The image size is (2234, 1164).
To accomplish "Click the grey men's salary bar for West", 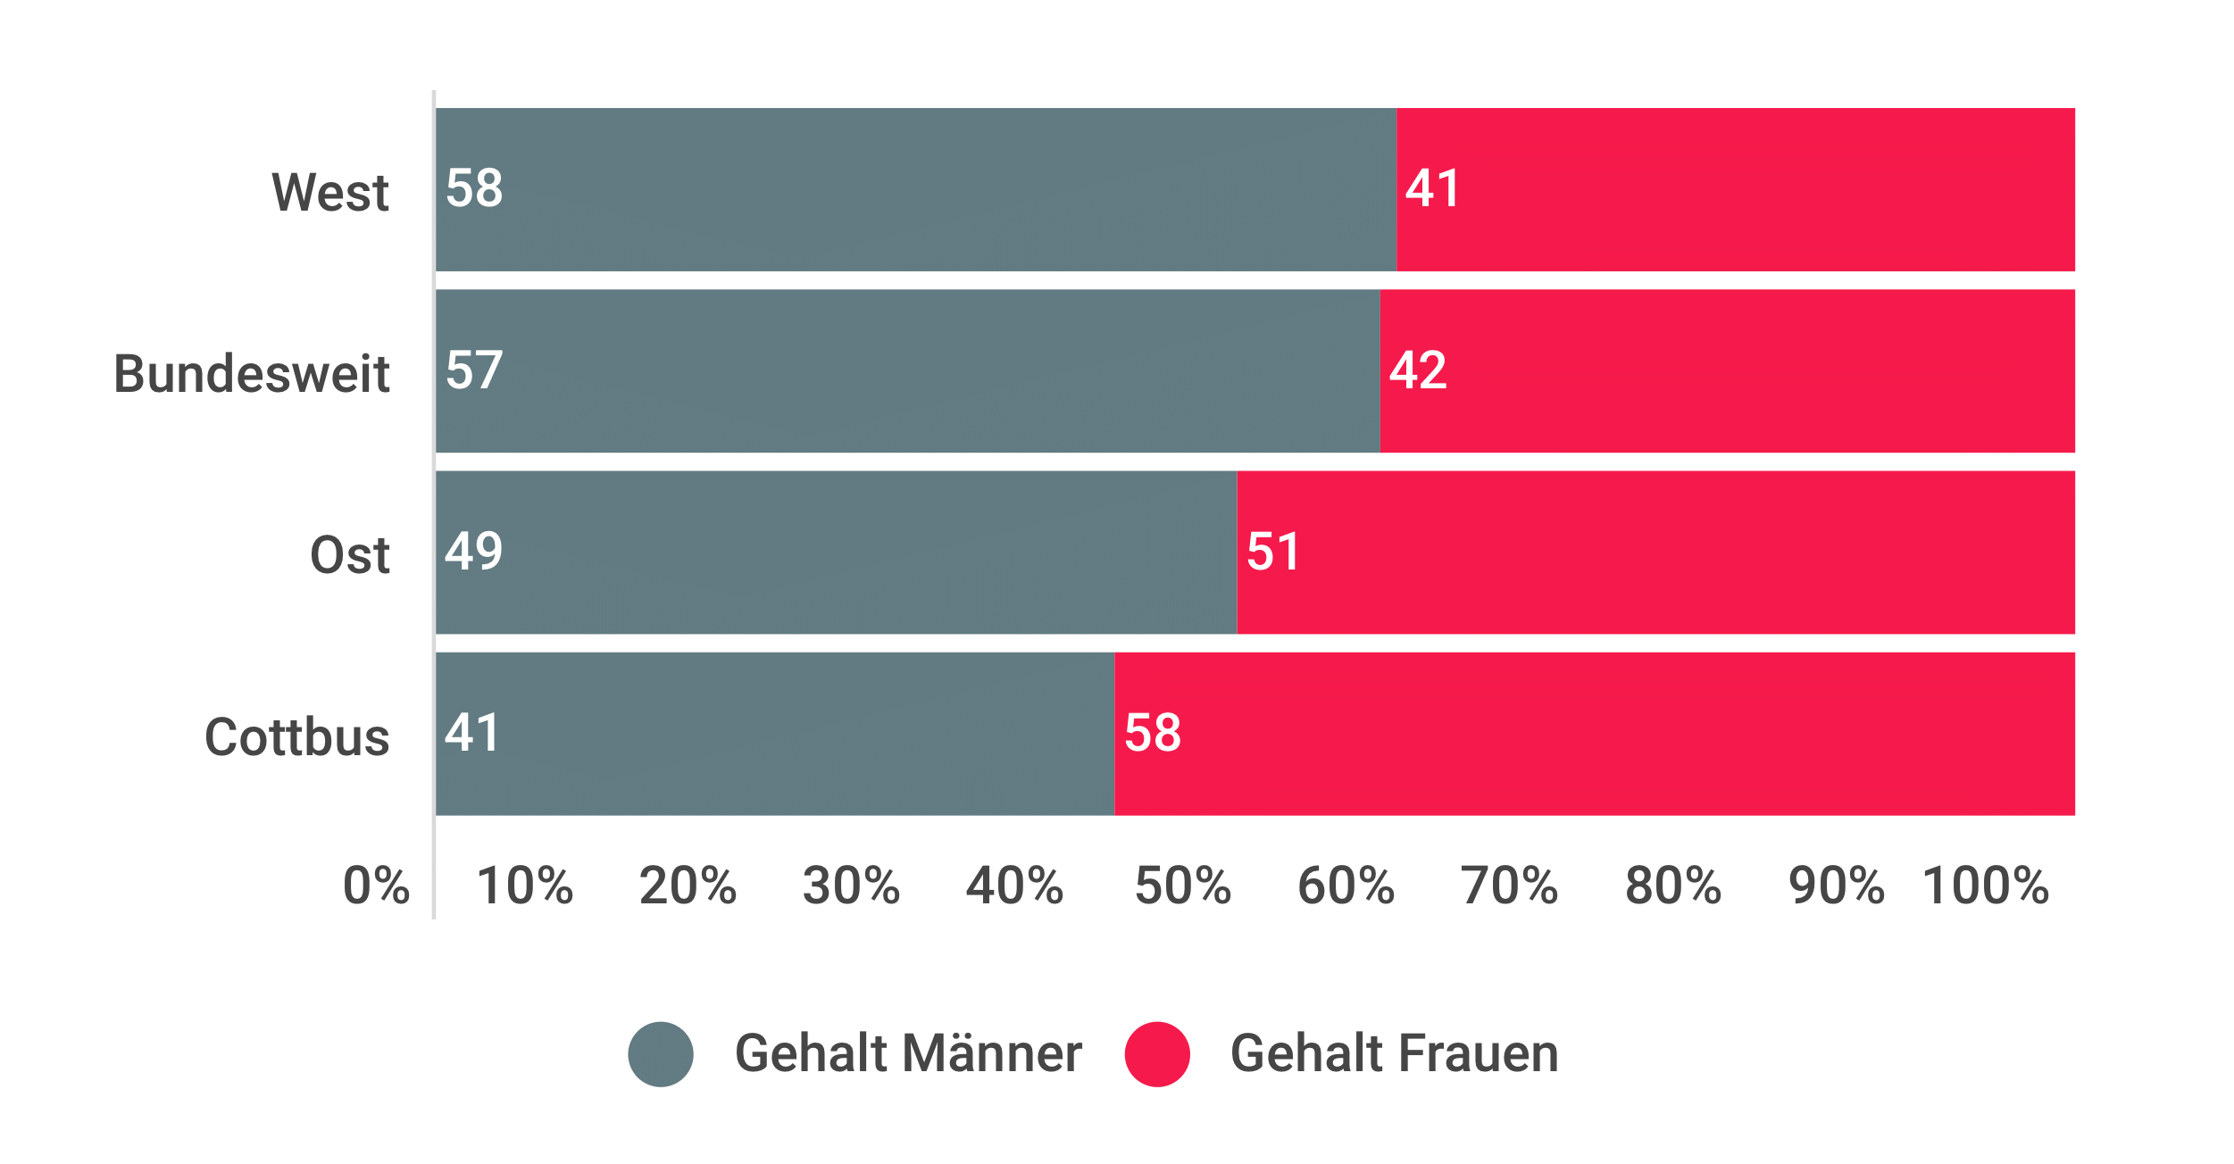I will click(x=915, y=189).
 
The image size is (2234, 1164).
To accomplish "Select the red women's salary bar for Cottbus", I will click(x=1594, y=734).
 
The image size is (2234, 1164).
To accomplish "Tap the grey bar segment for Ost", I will click(x=836, y=552).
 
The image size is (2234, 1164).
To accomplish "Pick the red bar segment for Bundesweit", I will click(x=1727, y=370).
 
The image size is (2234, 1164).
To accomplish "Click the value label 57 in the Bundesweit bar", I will click(x=474, y=370).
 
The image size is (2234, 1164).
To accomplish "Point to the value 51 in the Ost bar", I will click(x=1273, y=552).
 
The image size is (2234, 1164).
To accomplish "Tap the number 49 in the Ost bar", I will click(x=474, y=552).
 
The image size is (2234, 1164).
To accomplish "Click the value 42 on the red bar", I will click(x=1418, y=370).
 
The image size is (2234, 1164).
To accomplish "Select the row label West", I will click(x=330, y=192).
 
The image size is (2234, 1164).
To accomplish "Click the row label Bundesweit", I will click(x=252, y=373).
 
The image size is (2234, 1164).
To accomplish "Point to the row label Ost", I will click(x=349, y=555).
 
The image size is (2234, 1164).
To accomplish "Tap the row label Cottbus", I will click(x=297, y=737).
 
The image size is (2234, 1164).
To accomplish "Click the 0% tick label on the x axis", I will click(x=376, y=885).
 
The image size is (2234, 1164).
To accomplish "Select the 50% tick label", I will click(x=1183, y=885).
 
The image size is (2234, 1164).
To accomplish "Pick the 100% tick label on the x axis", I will click(x=1986, y=885).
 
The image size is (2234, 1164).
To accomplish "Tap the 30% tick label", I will click(x=851, y=885).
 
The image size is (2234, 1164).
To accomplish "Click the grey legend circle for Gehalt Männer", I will click(x=661, y=1054).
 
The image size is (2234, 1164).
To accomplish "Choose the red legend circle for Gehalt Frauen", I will click(x=1157, y=1054).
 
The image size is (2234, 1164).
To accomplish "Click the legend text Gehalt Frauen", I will click(x=1395, y=1053).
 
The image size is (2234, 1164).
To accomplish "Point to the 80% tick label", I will click(x=1673, y=885).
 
